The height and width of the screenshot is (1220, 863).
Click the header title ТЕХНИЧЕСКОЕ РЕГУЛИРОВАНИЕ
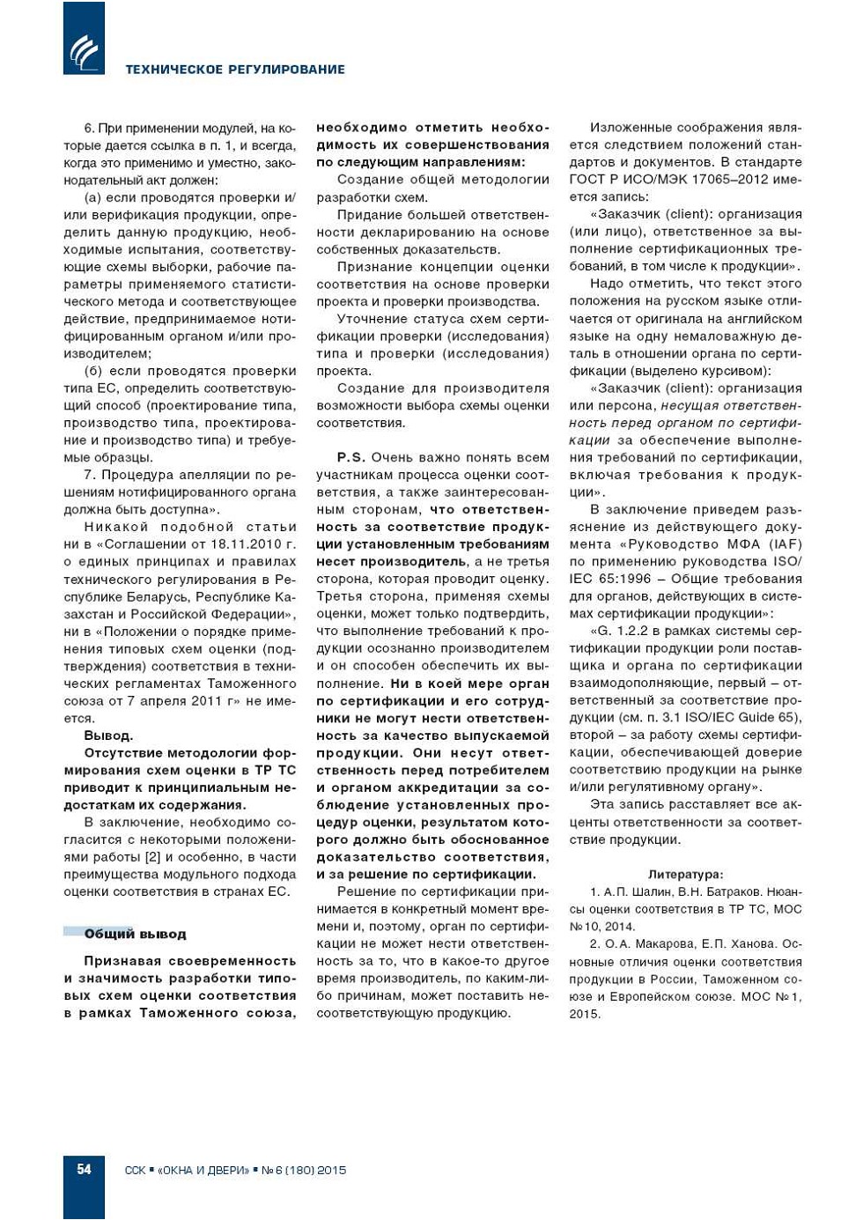click(235, 70)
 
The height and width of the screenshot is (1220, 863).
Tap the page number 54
click(84, 1170)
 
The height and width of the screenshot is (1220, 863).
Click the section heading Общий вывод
click(135, 934)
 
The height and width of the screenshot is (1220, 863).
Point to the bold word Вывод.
click(108, 736)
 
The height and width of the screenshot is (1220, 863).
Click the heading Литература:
click(685, 875)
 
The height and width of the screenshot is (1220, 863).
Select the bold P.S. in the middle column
click(350, 457)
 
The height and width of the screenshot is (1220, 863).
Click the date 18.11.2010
click(244, 544)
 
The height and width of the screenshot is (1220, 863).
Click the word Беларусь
click(153, 596)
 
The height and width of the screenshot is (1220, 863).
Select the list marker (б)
click(93, 371)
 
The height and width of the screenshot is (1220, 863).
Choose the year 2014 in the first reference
click(619, 927)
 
